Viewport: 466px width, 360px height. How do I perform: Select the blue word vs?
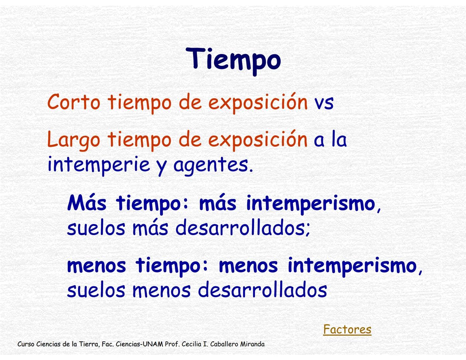click(324, 102)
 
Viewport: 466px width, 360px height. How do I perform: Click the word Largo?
click(73, 140)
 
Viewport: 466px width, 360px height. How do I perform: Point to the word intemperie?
click(98, 164)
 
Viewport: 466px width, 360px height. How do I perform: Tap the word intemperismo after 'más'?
click(311, 203)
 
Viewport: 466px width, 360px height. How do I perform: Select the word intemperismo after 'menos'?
click(352, 266)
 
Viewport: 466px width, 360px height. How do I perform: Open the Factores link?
click(347, 329)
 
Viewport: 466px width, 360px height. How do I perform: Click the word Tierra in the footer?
click(89, 344)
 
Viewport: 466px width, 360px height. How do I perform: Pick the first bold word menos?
click(96, 266)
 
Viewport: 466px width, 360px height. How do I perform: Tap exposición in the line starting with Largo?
click(258, 140)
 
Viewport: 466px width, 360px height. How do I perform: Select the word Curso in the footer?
click(26, 344)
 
